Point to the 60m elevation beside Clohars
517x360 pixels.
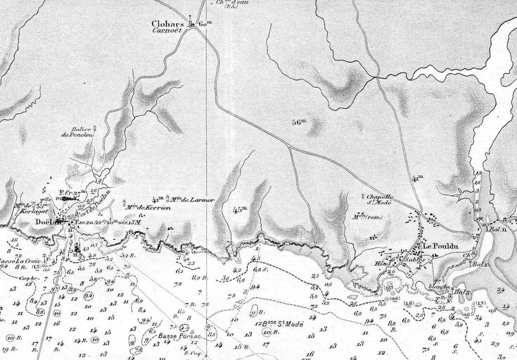[205, 26]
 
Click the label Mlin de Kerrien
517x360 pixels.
[145, 207]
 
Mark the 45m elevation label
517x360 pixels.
[241, 210]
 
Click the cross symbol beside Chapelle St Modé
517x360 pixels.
[362, 195]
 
